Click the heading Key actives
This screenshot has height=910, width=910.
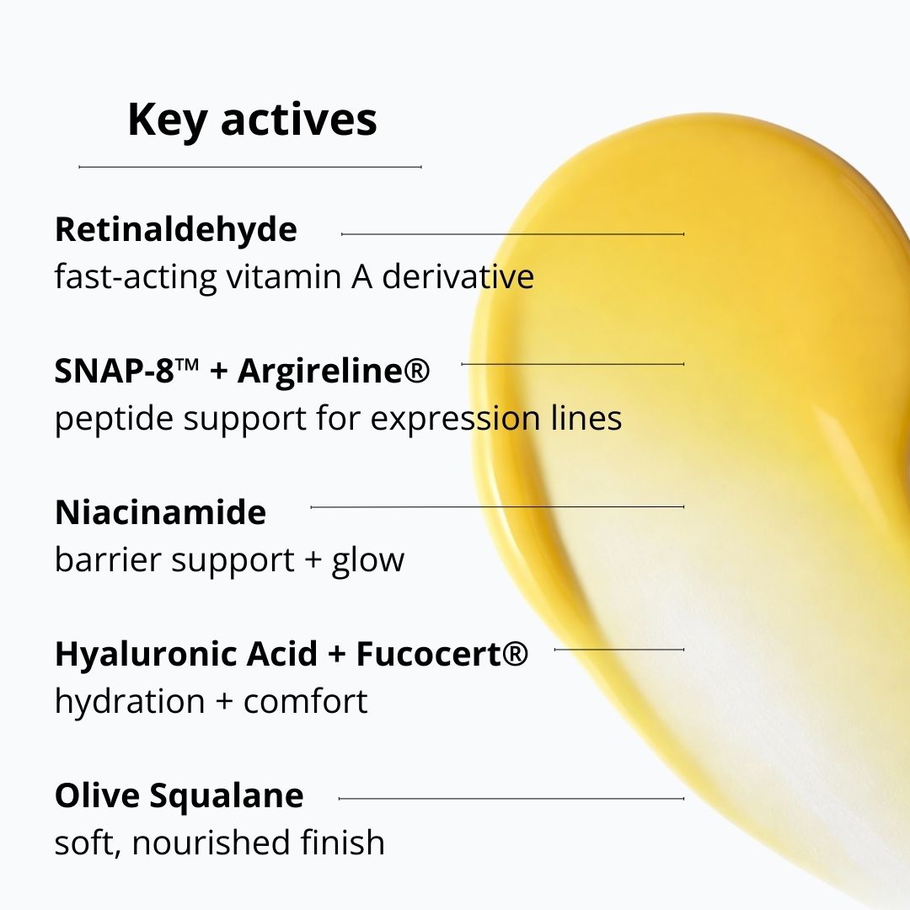tap(252, 120)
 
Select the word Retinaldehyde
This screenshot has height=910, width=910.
tap(176, 229)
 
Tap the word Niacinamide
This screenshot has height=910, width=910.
tap(160, 512)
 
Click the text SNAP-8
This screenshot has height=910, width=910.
tap(118, 371)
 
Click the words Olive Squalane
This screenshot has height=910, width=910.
tap(179, 795)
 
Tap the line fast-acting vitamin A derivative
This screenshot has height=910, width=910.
tap(294, 276)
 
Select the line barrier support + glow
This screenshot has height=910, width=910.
tap(229, 559)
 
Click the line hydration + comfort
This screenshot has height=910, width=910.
tap(211, 701)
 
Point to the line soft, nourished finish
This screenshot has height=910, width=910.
tap(219, 843)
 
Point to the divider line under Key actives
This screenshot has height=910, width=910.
tap(249, 167)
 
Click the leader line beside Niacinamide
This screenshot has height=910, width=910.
tap(497, 507)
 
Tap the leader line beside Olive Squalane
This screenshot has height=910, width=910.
tap(511, 798)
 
